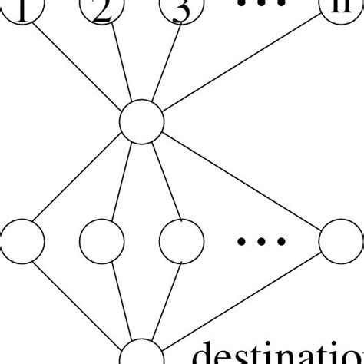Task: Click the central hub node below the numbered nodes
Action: click(x=142, y=121)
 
